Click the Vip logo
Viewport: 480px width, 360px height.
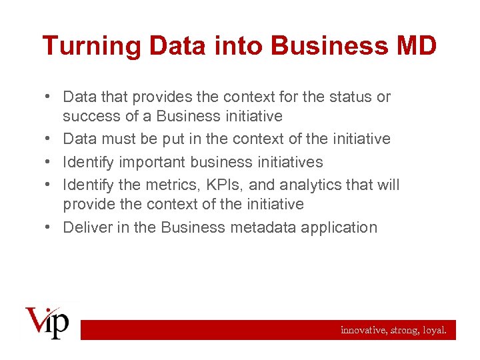[47, 322]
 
